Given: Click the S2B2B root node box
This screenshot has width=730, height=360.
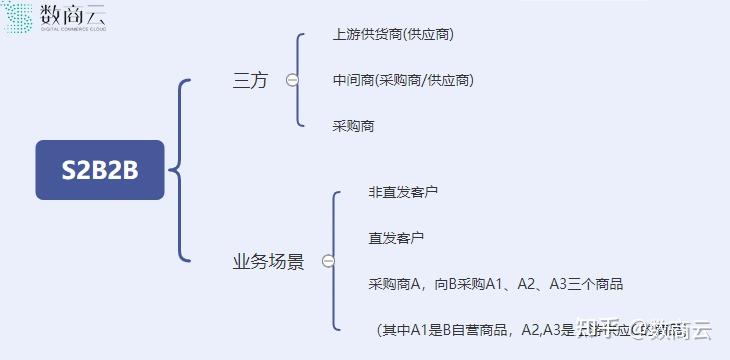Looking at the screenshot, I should coord(99,170).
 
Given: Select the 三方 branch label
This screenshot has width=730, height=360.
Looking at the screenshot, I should coord(250,81).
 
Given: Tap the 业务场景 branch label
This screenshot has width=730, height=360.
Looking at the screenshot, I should coord(268,262).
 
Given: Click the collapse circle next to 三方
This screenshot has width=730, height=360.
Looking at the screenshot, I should coord(292,81).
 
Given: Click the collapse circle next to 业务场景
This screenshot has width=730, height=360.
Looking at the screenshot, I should coord(328,262).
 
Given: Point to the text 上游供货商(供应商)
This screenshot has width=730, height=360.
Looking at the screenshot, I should coord(393,34).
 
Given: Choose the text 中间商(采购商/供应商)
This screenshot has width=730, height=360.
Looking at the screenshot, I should coord(403,80).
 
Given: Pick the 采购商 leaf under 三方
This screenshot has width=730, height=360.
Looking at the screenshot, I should coord(354,126).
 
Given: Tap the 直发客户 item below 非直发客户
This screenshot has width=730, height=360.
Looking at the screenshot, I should coord(396,237).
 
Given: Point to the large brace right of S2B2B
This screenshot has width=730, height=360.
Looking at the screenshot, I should coord(181,170).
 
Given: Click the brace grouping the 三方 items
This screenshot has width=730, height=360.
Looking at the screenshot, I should coord(301,80).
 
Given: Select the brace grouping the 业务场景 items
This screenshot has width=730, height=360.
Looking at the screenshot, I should coord(337,262).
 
